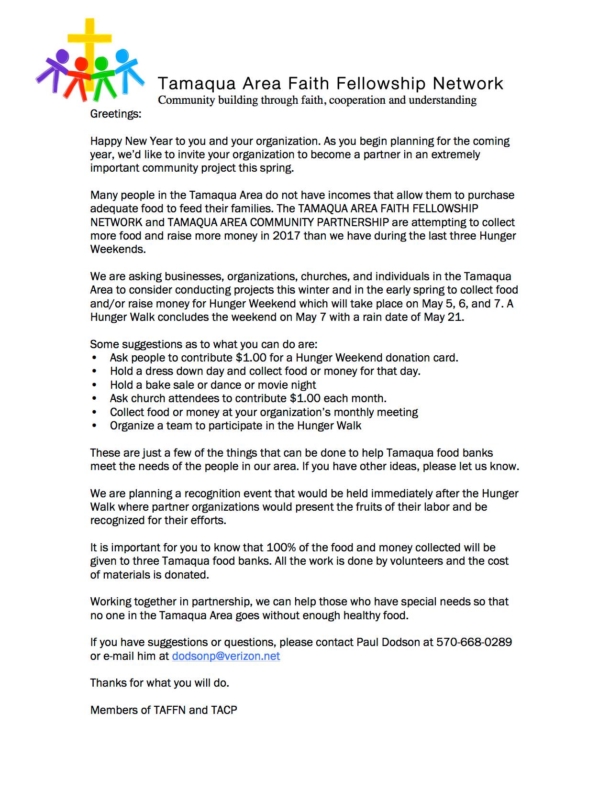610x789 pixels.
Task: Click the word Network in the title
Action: [468, 84]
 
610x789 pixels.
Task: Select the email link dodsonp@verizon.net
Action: [226, 656]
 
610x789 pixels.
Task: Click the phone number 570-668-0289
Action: [474, 642]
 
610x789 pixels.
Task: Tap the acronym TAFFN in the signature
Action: [169, 710]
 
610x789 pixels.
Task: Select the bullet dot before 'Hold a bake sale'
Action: [95, 385]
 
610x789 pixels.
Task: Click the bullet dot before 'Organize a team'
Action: [95, 426]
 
